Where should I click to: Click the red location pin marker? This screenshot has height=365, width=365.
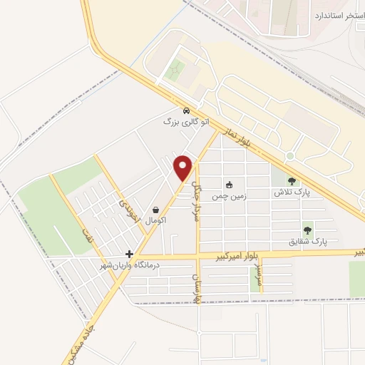tap(184, 168)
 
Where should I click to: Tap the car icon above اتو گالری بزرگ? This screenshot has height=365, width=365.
tap(186, 111)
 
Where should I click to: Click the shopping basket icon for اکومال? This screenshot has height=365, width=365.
tap(156, 210)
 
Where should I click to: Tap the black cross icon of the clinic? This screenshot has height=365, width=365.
tap(129, 254)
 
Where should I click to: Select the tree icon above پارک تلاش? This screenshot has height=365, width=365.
tap(292, 181)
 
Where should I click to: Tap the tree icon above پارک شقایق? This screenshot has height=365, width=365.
tap(307, 230)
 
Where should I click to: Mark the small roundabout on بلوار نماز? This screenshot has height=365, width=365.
tap(290, 156)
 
